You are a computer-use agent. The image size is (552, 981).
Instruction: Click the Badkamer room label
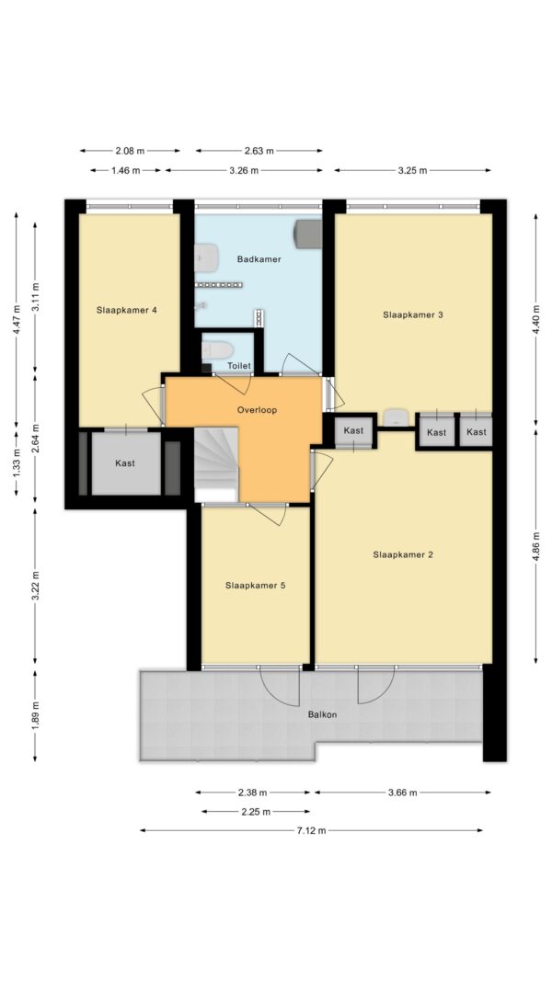click(259, 259)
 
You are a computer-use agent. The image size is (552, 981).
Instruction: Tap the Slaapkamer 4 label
click(126, 310)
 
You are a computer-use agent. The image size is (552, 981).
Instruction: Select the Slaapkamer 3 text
click(413, 314)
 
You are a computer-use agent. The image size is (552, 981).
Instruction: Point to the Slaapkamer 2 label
click(403, 554)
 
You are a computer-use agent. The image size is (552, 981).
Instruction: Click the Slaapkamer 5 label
click(256, 586)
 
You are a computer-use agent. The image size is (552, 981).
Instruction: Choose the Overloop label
click(257, 410)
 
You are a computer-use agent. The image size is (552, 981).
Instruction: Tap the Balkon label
click(322, 714)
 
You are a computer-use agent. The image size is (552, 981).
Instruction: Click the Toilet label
click(239, 366)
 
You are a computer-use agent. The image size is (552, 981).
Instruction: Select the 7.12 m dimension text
click(311, 831)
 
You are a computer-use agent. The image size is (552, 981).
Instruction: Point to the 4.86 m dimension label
click(535, 546)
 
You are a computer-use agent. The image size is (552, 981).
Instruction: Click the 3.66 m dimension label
click(402, 793)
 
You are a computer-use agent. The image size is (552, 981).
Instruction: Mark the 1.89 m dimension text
click(35, 714)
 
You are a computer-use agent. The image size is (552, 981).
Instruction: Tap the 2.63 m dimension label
click(259, 151)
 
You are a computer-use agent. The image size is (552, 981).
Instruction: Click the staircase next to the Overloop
click(216, 464)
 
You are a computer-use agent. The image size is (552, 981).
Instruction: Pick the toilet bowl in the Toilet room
click(218, 349)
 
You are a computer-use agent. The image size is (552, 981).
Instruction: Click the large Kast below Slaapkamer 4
click(126, 463)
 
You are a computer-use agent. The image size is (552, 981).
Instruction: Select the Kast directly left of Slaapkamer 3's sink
click(353, 430)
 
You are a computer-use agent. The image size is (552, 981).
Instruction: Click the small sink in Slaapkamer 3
click(396, 417)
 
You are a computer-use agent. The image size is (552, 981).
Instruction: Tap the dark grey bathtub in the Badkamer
click(307, 233)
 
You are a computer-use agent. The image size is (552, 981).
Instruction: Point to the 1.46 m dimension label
click(126, 170)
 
